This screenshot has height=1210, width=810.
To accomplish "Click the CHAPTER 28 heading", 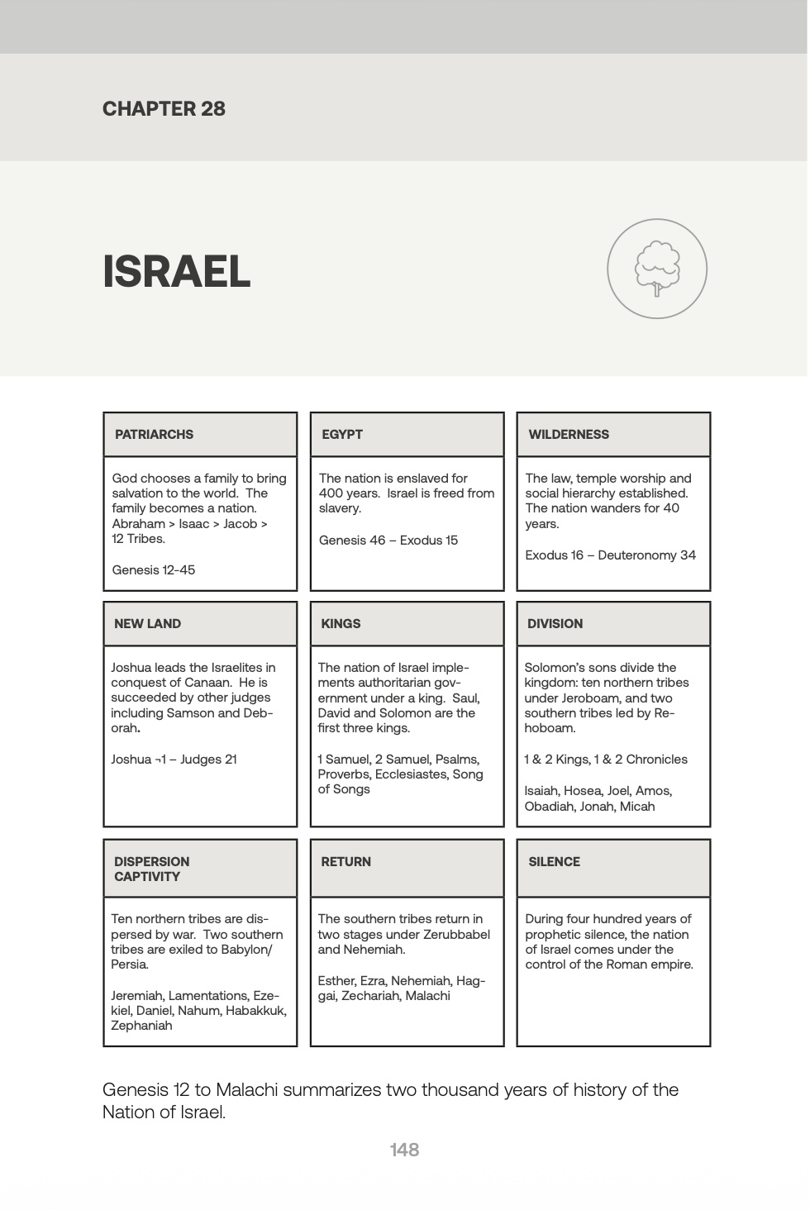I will tap(164, 109).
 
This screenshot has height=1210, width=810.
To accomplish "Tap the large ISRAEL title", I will tap(176, 271).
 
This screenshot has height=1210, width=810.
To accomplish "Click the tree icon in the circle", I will tap(657, 269).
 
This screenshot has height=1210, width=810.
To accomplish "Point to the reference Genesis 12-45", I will tap(154, 570).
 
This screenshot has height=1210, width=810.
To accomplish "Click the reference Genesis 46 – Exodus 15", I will tap(388, 541).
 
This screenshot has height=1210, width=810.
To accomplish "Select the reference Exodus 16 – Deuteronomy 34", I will tap(610, 555).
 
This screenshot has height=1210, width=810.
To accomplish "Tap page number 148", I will tap(404, 1150).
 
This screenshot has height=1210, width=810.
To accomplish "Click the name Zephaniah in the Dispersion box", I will tap(141, 1026).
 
